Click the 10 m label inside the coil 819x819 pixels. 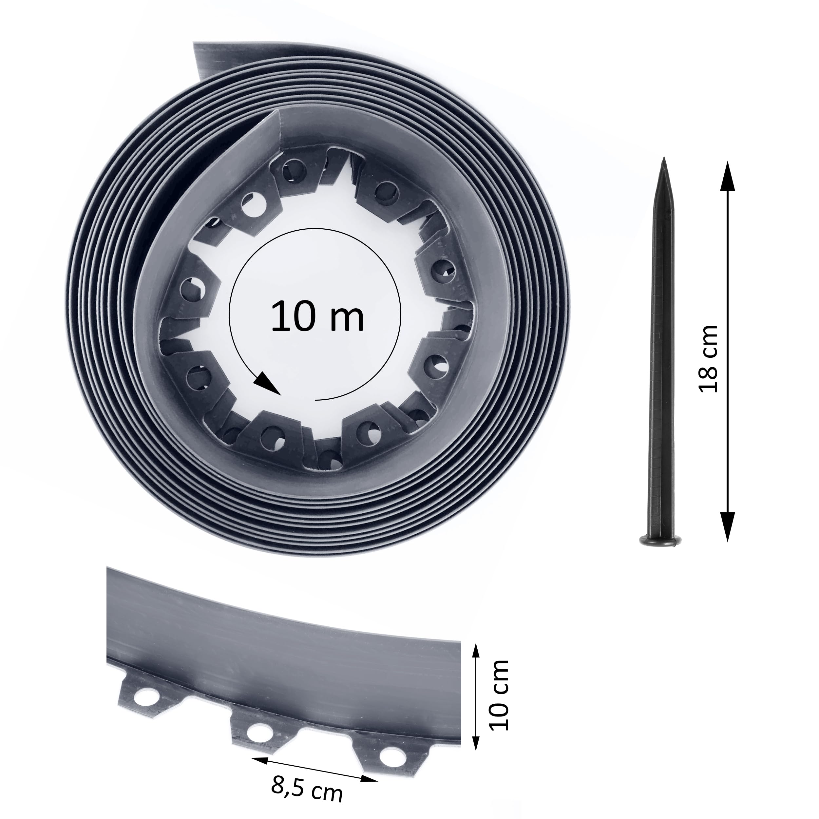click(317, 316)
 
